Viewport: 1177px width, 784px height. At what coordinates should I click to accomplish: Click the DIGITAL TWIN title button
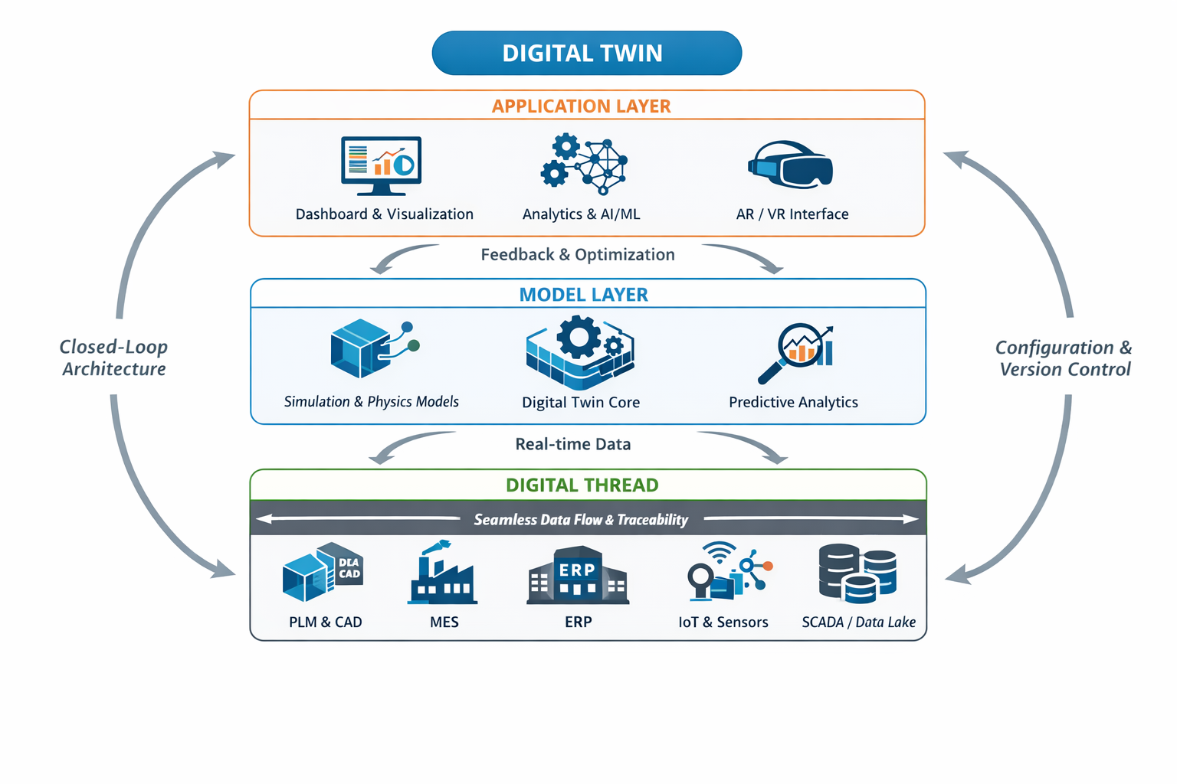[586, 53]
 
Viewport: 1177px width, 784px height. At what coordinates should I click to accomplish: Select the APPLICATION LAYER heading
[581, 106]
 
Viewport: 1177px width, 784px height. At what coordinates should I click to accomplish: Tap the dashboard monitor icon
[381, 165]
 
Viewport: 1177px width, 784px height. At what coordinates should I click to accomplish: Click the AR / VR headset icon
[790, 164]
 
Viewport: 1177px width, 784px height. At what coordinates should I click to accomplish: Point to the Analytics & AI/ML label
[581, 214]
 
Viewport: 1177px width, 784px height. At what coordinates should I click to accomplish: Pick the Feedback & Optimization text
[577, 254]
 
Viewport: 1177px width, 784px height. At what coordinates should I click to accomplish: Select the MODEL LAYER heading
[583, 295]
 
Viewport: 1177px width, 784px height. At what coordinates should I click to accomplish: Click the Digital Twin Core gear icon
[580, 351]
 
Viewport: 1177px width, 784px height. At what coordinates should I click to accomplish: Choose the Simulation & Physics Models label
[371, 402]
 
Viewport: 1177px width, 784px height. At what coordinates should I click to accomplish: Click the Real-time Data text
[572, 444]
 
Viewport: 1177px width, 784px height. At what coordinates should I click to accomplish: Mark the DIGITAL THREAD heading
[582, 485]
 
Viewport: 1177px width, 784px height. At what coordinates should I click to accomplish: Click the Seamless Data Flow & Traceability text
[580, 519]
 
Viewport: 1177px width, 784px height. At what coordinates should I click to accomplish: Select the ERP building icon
[578, 576]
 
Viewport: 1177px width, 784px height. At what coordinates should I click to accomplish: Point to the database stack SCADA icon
[857, 573]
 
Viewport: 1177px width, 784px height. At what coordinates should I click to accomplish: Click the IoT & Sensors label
[723, 622]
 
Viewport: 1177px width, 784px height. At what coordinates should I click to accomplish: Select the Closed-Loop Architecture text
[113, 358]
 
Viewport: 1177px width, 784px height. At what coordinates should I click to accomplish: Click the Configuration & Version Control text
[1064, 358]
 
